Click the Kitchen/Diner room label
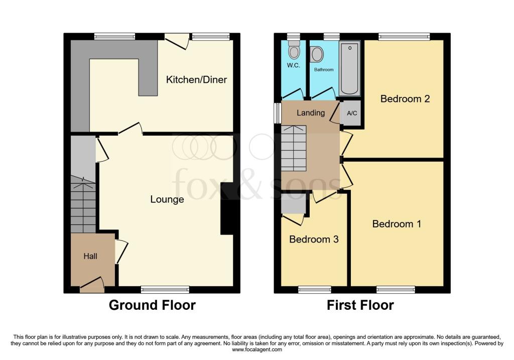(x=196, y=80)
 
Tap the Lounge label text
(x=167, y=199)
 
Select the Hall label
(x=90, y=256)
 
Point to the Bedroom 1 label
(x=397, y=224)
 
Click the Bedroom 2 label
(x=405, y=99)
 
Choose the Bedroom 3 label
(x=314, y=239)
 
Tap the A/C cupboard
(x=352, y=113)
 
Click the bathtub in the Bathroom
(x=349, y=68)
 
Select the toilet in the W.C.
(x=294, y=50)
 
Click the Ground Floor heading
(x=152, y=305)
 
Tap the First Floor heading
(x=360, y=305)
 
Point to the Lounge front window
(x=165, y=289)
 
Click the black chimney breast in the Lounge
(x=227, y=208)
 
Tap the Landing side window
(x=278, y=113)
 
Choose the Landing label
(x=311, y=113)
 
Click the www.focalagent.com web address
(x=257, y=349)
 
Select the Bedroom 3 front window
(x=315, y=289)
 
